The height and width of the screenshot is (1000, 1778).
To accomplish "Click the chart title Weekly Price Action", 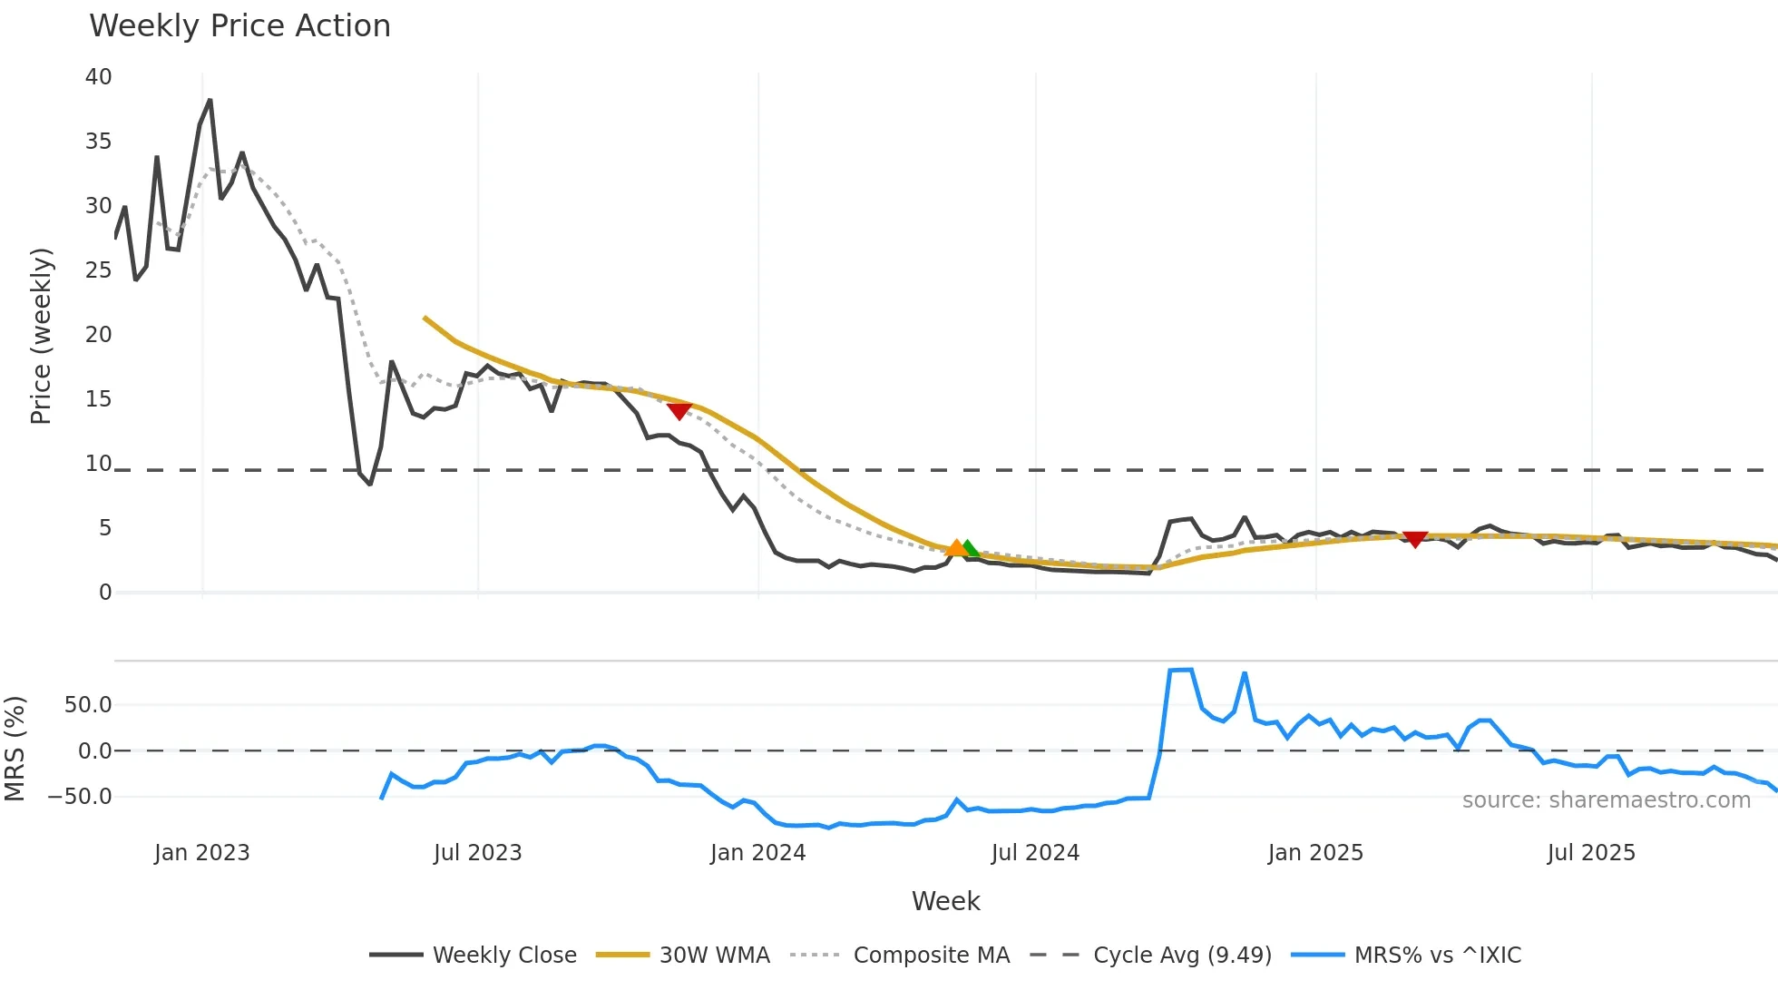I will pyautogui.click(x=239, y=25).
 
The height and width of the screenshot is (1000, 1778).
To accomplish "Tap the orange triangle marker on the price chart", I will pyautogui.click(x=955, y=547).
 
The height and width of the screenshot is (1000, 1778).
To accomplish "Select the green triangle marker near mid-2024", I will pyautogui.click(x=971, y=548).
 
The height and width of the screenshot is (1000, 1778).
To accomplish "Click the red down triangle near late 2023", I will pyautogui.click(x=679, y=411).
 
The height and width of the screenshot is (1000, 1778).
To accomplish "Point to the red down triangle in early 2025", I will pyautogui.click(x=1414, y=539).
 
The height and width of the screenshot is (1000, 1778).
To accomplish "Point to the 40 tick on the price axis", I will pyautogui.click(x=98, y=77).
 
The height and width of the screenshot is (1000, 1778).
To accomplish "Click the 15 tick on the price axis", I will pyautogui.click(x=98, y=399).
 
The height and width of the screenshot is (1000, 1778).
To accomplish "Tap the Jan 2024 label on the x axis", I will pyautogui.click(x=757, y=853).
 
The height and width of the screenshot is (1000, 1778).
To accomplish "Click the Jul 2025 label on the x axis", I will pyautogui.click(x=1591, y=853).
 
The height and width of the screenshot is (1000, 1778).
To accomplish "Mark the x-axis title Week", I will pyautogui.click(x=945, y=901).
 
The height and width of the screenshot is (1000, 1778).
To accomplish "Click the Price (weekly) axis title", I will pyautogui.click(x=41, y=336).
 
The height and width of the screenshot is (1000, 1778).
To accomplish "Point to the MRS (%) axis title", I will pyautogui.click(x=15, y=749).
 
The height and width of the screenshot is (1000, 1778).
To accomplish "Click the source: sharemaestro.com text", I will pyautogui.click(x=1606, y=800).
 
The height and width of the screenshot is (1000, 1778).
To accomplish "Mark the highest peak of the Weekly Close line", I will pyautogui.click(x=210, y=101).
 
